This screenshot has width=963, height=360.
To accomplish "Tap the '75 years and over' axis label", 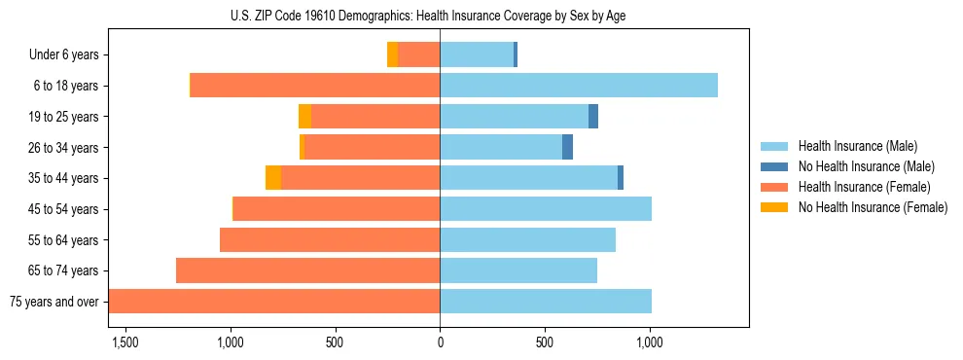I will point(53,302).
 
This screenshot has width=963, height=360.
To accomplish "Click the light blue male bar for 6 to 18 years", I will point(579,86).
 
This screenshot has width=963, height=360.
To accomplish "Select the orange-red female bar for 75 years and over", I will point(274,301).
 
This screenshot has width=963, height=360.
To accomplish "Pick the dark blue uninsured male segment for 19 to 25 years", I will point(593,117).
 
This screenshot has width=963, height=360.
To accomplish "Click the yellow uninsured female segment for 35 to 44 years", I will point(273,178).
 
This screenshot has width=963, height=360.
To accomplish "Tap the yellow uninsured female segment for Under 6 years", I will point(392,55).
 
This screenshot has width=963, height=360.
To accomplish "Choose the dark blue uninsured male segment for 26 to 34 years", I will point(567,147).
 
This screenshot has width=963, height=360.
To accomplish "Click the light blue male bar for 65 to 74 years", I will point(518,270).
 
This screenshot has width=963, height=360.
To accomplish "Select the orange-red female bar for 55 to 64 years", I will point(330,239).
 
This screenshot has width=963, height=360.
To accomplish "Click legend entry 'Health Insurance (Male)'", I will point(857,146).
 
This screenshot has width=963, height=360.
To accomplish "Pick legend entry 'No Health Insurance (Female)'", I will point(873,207).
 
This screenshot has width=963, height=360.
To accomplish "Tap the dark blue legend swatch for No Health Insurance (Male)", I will point(774,166).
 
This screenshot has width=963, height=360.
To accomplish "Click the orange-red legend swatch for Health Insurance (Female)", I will point(774,187).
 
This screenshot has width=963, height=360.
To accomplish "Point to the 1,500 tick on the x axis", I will point(125,342).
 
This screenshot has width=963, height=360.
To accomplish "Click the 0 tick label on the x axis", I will point(440,342).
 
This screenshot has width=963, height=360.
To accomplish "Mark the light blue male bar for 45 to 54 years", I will point(546,209).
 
